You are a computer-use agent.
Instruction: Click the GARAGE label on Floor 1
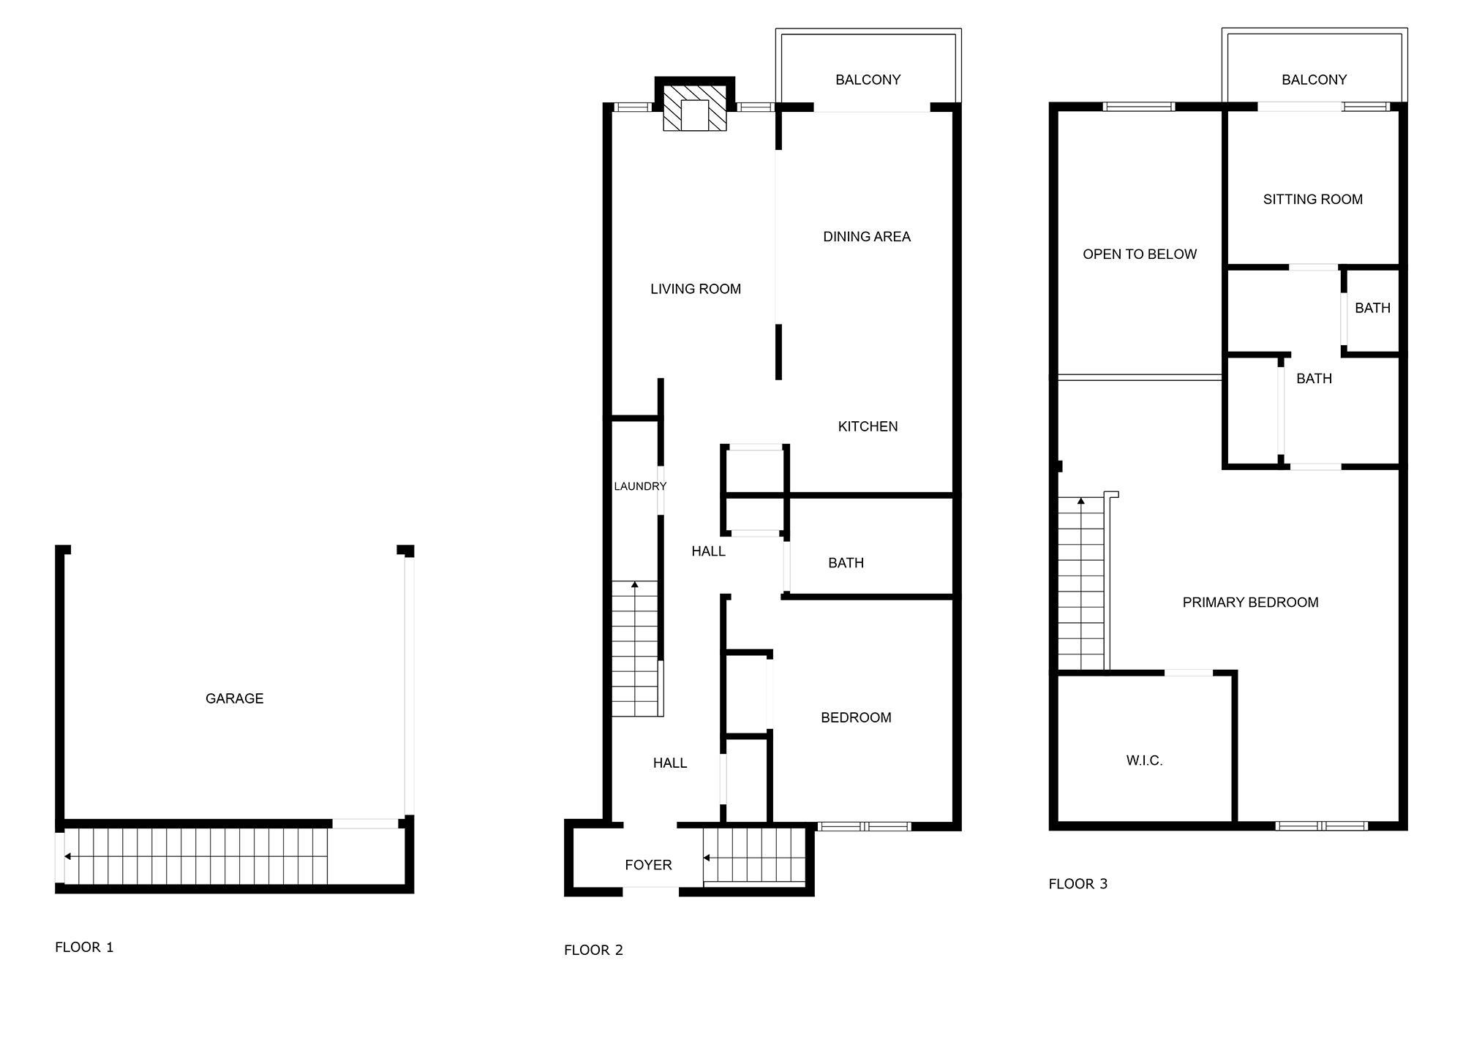coord(234,698)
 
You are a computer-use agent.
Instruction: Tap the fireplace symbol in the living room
coord(695,109)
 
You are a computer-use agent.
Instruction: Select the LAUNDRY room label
coord(640,486)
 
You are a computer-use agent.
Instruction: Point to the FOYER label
coord(648,865)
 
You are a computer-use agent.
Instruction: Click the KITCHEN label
coord(868,426)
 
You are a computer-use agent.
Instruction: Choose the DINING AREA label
coord(867,236)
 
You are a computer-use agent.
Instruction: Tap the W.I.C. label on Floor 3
coord(1144,760)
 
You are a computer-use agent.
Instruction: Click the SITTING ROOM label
coord(1313,199)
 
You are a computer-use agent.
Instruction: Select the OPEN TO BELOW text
coord(1140,254)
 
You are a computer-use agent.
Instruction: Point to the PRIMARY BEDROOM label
coord(1251,602)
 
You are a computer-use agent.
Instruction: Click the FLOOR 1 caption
coord(84,947)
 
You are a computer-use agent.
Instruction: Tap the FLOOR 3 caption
coord(1078,883)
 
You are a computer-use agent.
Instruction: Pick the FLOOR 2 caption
coord(593,950)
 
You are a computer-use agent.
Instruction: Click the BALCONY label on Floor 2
coord(868,79)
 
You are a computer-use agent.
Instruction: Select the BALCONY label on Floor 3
coord(1314,79)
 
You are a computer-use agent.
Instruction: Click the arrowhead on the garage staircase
coord(67,856)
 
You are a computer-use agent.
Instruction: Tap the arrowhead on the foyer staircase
coord(707,858)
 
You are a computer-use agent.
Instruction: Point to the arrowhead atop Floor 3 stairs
coord(1081,501)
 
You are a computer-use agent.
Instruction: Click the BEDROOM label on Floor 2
coord(856,717)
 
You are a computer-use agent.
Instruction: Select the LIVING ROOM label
coord(696,289)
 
